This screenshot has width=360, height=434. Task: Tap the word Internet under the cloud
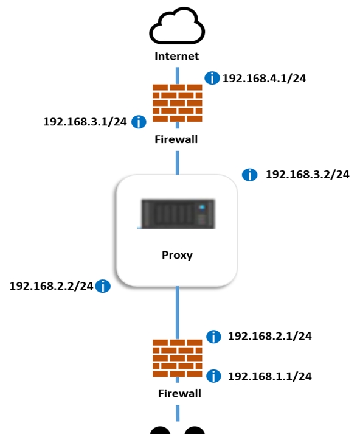pos(177,56)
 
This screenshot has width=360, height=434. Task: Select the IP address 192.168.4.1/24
pos(265,79)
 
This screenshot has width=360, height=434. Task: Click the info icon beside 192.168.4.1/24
pos(212,78)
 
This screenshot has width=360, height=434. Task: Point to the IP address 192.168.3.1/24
pos(85,122)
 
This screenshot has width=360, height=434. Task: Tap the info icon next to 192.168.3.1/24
pos(139,122)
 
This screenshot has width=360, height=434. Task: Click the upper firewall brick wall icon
pos(178,103)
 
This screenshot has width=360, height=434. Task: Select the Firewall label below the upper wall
pos(176,139)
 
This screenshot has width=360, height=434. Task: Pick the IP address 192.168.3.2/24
pos(308,175)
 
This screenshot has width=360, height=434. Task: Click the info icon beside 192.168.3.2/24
pos(250,175)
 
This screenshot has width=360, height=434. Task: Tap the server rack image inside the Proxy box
pos(178,214)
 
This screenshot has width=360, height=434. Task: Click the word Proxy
pos(177,255)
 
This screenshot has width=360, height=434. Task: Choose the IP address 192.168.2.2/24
pos(52,286)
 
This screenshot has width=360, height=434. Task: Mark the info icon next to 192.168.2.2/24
pos(103,286)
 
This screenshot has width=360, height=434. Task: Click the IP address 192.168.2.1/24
pos(270,336)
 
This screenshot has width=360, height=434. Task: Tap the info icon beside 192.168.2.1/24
pos(213,337)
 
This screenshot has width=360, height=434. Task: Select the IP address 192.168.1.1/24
pos(270,376)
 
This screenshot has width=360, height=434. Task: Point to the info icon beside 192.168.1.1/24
pos(213,376)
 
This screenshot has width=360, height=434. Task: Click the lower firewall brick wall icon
pos(178,359)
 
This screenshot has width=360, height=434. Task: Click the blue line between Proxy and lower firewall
pos(178,313)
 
